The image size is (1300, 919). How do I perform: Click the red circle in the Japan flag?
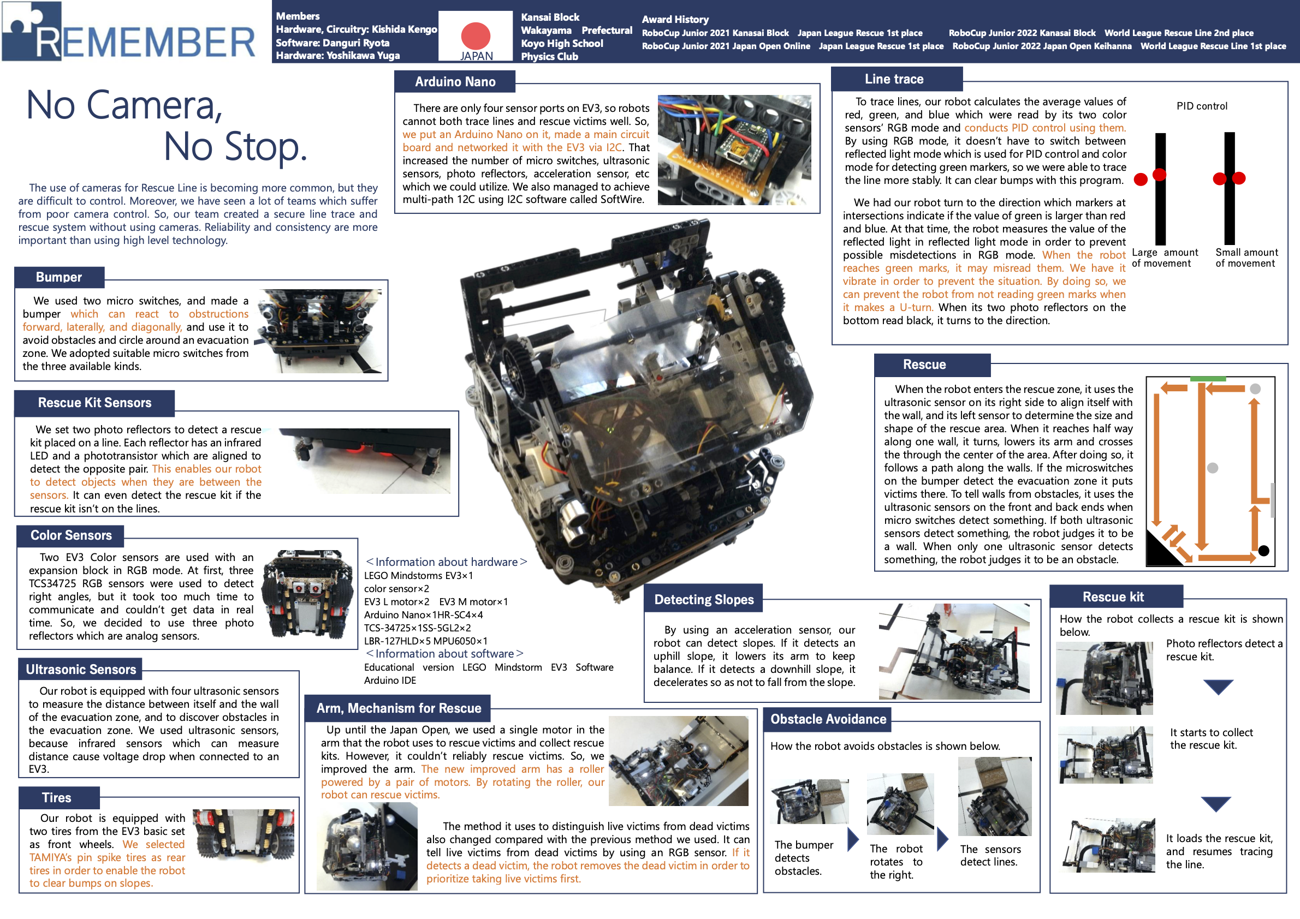pyautogui.click(x=476, y=35)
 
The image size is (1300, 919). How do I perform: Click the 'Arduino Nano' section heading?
pyautogui.click(x=455, y=81)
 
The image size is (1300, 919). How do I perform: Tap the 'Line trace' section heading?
pyautogui.click(x=894, y=79)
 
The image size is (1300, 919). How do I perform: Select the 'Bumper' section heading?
pyautogui.click(x=59, y=277)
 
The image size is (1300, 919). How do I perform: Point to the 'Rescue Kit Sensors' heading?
pyautogui.click(x=94, y=402)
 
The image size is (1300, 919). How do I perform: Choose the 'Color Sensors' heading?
pyautogui.click(x=72, y=535)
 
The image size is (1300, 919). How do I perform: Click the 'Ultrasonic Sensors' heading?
pyautogui.click(x=81, y=669)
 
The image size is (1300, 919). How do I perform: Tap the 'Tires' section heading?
pyautogui.click(x=57, y=797)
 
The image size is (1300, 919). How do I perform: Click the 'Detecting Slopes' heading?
pyautogui.click(x=704, y=599)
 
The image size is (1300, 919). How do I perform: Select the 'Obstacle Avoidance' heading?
pyautogui.click(x=828, y=719)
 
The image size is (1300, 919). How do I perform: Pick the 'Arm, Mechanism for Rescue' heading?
pyautogui.click(x=399, y=708)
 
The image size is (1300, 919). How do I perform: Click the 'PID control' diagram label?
pyautogui.click(x=1202, y=106)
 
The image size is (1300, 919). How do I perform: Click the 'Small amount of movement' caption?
pyautogui.click(x=1246, y=258)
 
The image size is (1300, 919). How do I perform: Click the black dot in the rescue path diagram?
pyautogui.click(x=1263, y=550)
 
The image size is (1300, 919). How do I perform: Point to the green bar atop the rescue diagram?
pyautogui.click(x=1208, y=379)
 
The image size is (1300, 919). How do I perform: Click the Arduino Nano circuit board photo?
pyautogui.click(x=734, y=150)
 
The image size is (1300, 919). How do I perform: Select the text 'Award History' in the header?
pyautogui.click(x=675, y=19)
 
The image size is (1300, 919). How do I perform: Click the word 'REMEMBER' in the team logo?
pyautogui.click(x=146, y=42)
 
